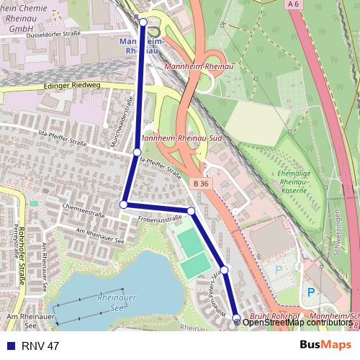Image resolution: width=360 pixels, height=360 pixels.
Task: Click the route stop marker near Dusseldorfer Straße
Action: click(143, 22)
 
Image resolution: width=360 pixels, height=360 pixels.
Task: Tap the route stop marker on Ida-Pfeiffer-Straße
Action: click(137, 152)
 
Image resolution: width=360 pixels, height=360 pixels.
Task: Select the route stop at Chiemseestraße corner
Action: click(124, 205)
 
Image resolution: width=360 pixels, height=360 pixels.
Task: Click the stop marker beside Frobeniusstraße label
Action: click(192, 210)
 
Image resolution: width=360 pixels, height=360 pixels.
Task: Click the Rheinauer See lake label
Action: click(112, 300)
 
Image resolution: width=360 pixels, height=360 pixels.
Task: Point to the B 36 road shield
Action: click(201, 184)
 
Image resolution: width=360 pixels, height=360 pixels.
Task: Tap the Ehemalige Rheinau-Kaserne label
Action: click(297, 183)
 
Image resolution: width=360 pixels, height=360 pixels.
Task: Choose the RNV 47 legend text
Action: click(40, 346)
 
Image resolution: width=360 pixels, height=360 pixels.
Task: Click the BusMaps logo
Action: click(325, 345)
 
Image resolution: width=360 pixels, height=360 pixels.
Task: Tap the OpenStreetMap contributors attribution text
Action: click(297, 322)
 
